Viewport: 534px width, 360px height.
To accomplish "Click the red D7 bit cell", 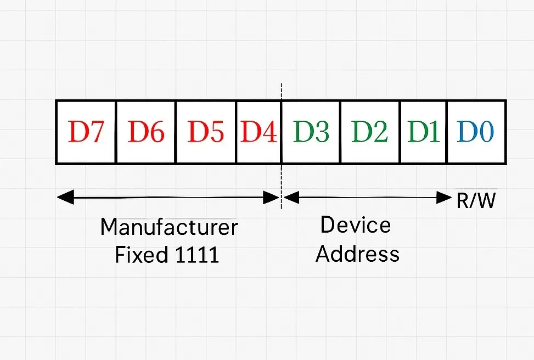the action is click(86, 132).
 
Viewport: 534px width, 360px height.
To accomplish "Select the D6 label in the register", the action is click(146, 132).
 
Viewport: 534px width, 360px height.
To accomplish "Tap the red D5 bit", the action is click(206, 132).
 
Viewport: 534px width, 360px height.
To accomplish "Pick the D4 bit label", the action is click(258, 132).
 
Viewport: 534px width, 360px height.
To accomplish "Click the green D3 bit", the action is click(311, 132).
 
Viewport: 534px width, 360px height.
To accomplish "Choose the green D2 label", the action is click(369, 132).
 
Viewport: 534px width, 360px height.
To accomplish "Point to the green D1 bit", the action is click(423, 132).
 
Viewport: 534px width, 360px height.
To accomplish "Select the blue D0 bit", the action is click(475, 132).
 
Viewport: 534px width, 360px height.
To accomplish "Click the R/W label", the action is click(476, 201).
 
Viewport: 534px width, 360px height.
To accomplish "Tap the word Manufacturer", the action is click(169, 227).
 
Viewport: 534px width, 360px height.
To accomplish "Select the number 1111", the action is click(197, 255).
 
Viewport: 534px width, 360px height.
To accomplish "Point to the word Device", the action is click(356, 225).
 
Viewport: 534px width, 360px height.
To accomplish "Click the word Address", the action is click(357, 254).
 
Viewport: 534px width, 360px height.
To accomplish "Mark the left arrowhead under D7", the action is click(65, 198).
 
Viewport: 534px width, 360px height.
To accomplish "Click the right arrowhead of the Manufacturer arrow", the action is click(272, 198).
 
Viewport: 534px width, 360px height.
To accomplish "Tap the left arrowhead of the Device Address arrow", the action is click(291, 198).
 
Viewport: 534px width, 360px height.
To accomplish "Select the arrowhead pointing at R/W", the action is click(444, 198).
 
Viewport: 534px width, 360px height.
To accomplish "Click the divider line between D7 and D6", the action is click(116, 132).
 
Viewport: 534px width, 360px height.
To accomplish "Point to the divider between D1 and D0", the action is click(447, 132).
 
